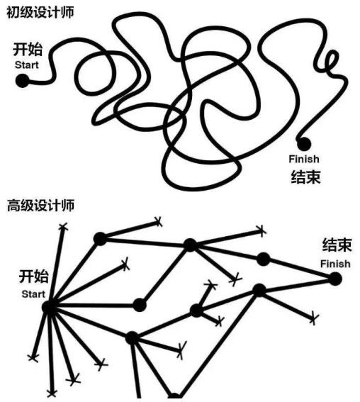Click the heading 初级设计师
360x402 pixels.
point(40,13)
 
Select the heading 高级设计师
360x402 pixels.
point(40,206)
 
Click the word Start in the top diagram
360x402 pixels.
point(26,65)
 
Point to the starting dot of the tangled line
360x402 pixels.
point(23,80)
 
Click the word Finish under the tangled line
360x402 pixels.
point(304,159)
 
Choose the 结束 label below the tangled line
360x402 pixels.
point(305,177)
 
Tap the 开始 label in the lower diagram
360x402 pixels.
point(33,277)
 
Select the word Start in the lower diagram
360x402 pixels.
point(33,294)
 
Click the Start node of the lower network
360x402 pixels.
point(49,306)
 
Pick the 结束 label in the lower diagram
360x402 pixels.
point(337,245)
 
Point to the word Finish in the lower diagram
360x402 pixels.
point(335,264)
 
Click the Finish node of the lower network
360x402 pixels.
point(336,279)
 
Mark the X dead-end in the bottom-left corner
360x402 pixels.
point(51,392)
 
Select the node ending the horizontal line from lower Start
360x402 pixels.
point(139,305)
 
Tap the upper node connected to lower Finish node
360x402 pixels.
point(263,258)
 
